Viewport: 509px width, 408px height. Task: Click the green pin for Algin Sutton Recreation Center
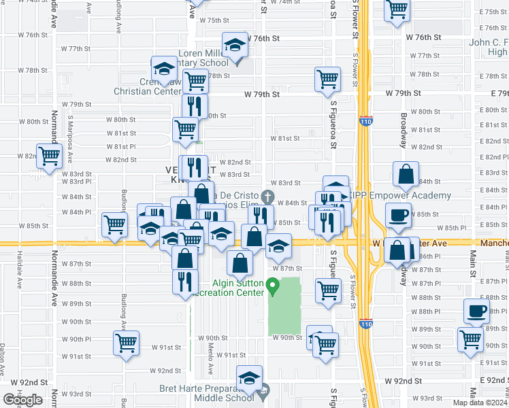point(273,288)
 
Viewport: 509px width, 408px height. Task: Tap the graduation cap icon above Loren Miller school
point(235,47)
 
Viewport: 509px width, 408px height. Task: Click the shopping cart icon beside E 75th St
point(397,10)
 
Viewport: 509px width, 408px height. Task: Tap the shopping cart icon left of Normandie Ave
point(50,156)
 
